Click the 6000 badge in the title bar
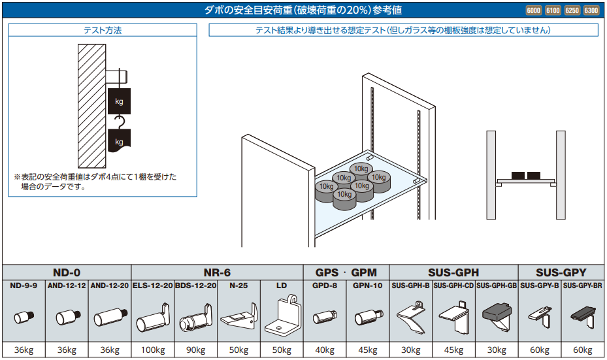pos(533,10)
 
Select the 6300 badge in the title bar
pos(591,10)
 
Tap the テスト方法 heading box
pos(103,30)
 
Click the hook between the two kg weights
pos(119,122)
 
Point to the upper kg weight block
pos(119,101)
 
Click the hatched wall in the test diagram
pos(90,105)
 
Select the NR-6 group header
pos(217,272)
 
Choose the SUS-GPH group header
pos(453,272)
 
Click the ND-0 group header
pos(67,272)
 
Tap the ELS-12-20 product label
pos(153,286)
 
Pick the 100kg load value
pos(153,350)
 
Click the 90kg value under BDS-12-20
pos(195,350)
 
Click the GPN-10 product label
pos(368,286)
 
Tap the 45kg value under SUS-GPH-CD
pos(453,350)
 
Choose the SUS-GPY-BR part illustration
pos(582,317)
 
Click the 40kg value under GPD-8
pos(325,350)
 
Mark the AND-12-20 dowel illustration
pos(109,318)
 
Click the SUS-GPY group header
pos(561,272)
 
